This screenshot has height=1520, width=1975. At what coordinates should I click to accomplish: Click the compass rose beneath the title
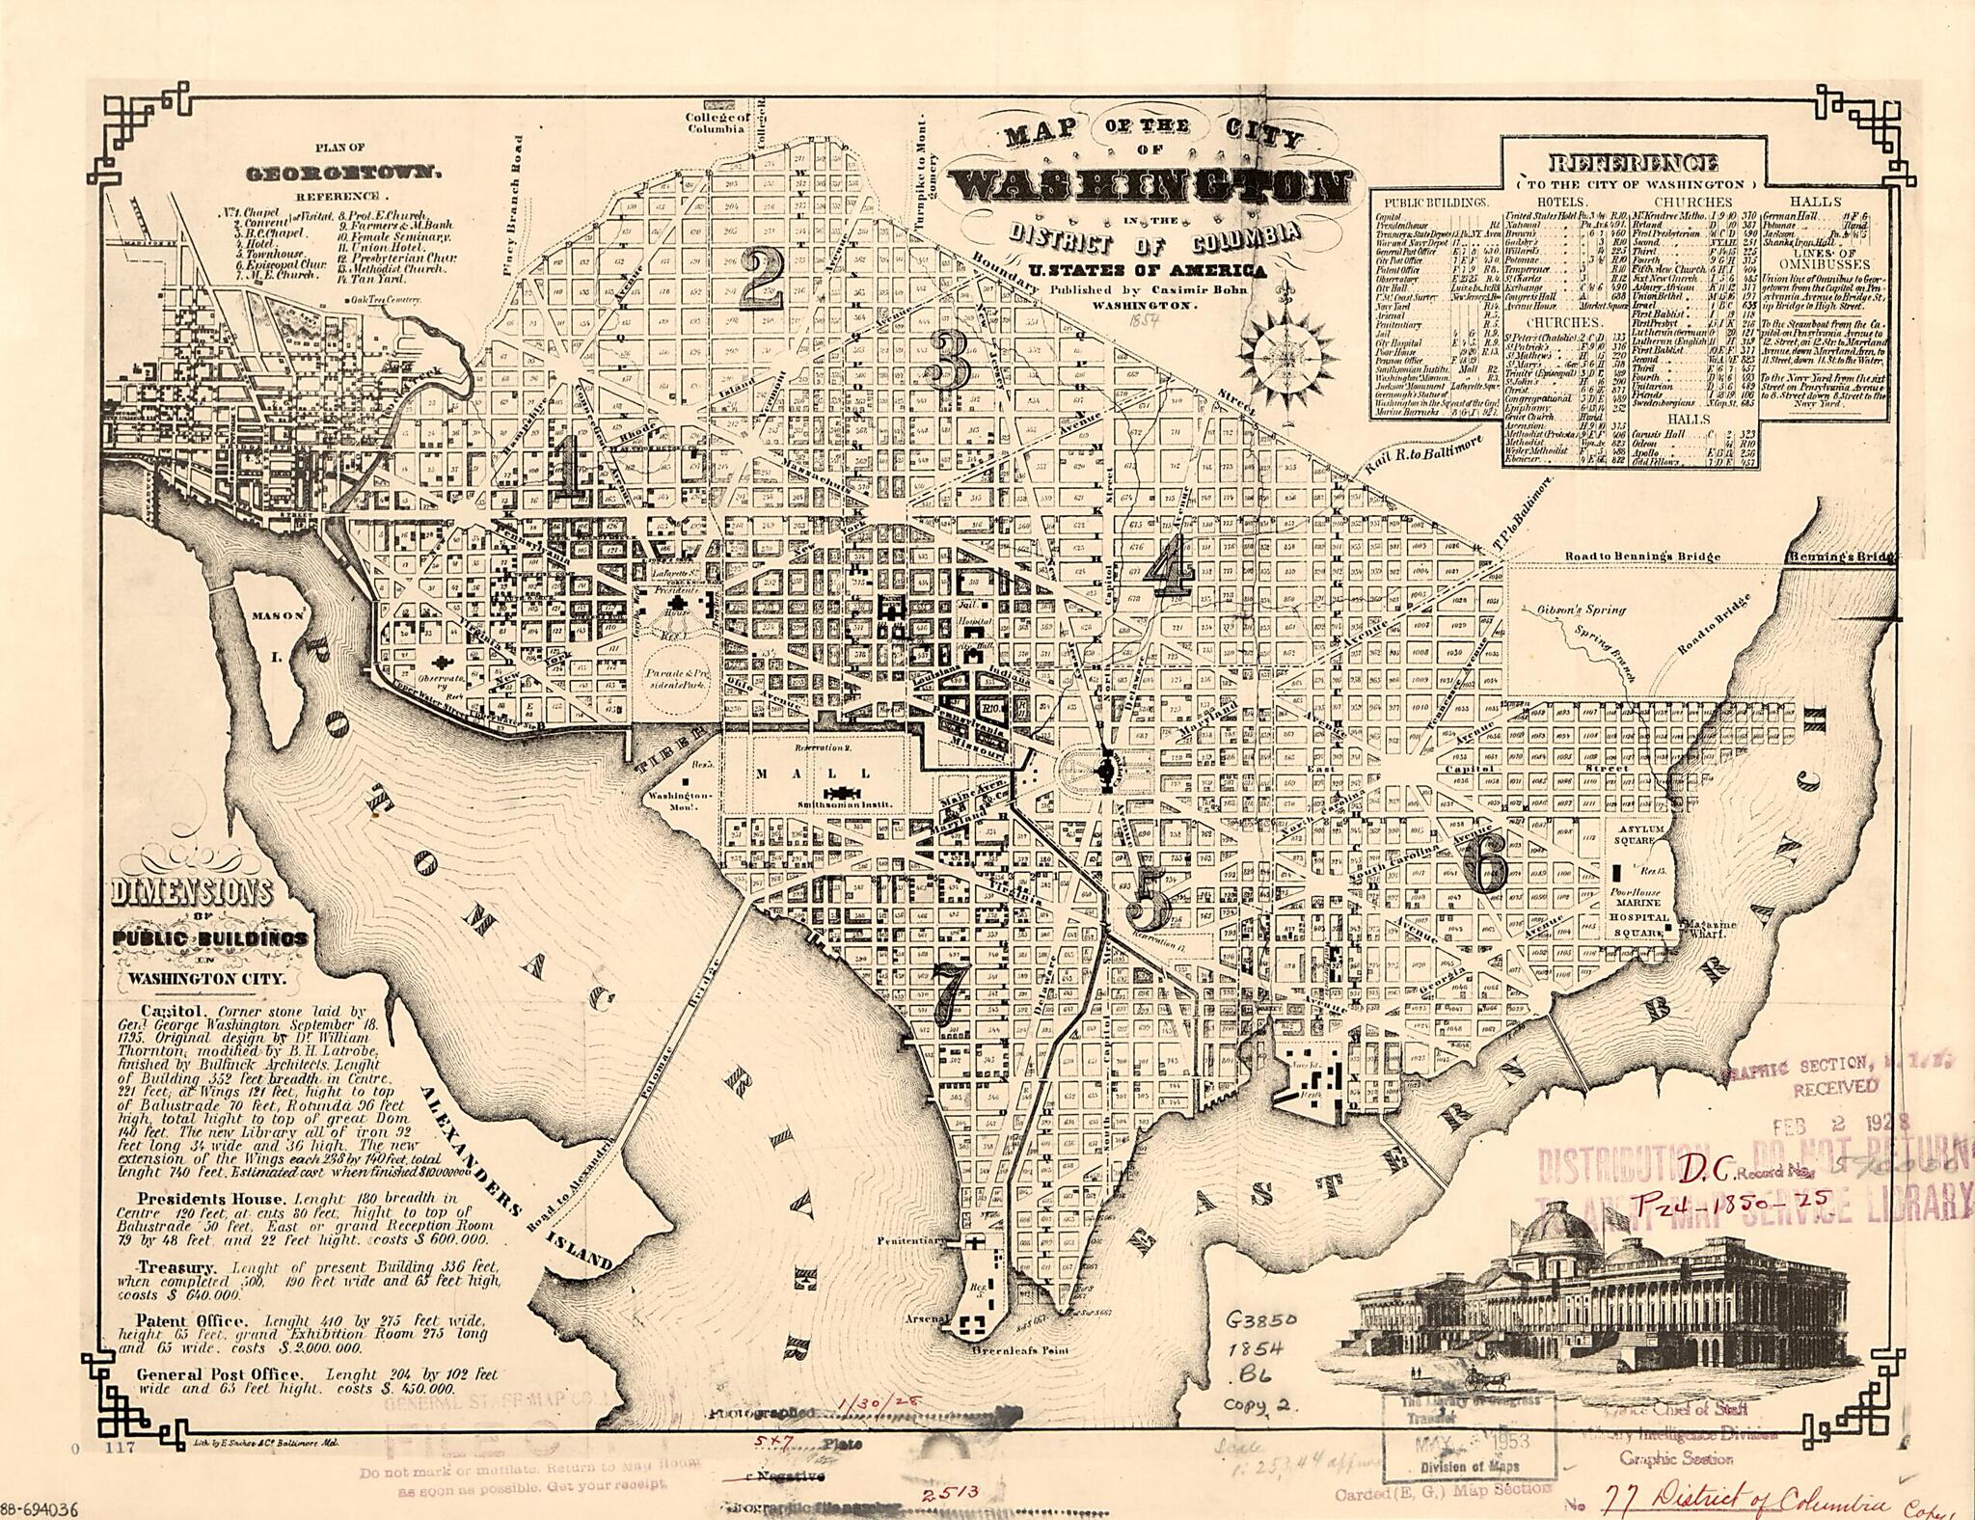point(1287,355)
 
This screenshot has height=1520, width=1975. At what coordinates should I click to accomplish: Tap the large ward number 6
point(1484,863)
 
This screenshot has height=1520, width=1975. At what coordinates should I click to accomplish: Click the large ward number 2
point(762,278)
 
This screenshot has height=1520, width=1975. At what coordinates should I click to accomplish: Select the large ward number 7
point(950,992)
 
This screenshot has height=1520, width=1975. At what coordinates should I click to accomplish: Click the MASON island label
point(279,614)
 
